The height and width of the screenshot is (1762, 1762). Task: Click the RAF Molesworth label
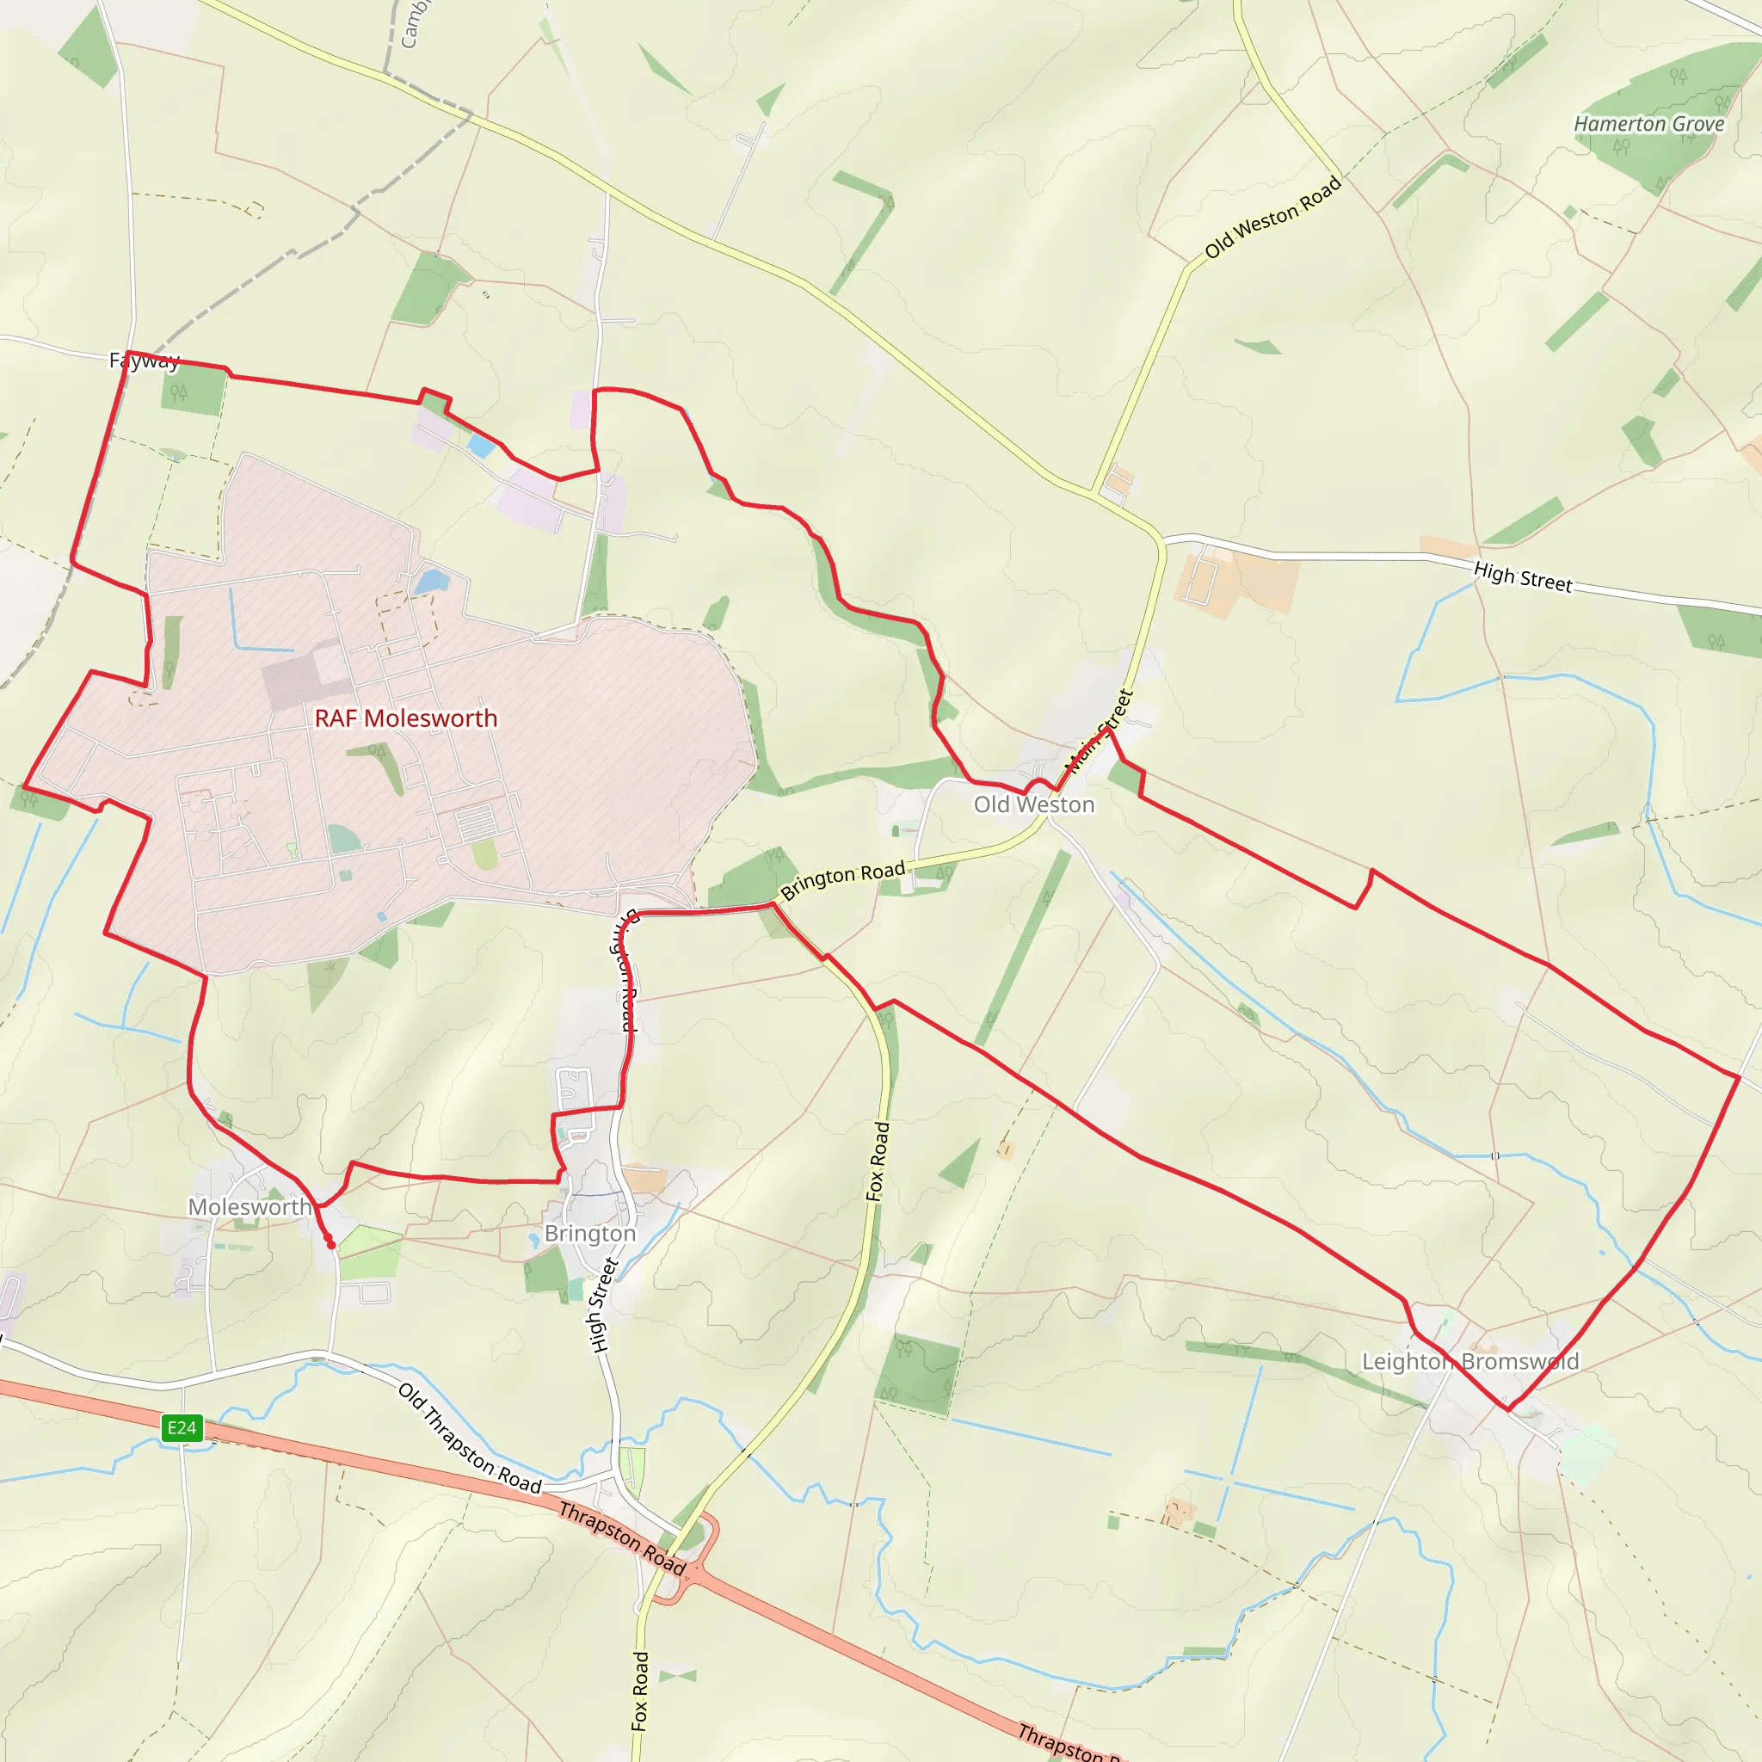406,718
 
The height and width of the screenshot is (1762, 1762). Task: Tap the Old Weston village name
1033,804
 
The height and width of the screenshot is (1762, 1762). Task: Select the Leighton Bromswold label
1469,1362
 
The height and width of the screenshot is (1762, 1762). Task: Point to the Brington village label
590,1233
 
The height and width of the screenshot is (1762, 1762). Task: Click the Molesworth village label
250,1206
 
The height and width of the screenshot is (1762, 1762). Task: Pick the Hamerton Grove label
1649,124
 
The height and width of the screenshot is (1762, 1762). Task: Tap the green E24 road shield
182,1428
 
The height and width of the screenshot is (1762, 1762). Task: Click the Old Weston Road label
1272,217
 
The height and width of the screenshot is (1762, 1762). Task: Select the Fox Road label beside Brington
878,1161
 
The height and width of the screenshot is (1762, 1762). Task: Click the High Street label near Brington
603,1304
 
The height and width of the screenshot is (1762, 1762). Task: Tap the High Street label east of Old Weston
1523,576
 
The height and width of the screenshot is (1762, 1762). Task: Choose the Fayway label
144,361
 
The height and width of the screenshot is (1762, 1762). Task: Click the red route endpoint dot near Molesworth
331,1245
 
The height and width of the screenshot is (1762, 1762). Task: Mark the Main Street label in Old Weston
1099,731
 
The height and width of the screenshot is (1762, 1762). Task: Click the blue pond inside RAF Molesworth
431,581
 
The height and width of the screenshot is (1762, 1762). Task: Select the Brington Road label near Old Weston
842,880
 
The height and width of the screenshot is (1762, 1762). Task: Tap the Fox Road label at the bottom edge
640,1691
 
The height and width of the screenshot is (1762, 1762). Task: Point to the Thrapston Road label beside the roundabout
622,1537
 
